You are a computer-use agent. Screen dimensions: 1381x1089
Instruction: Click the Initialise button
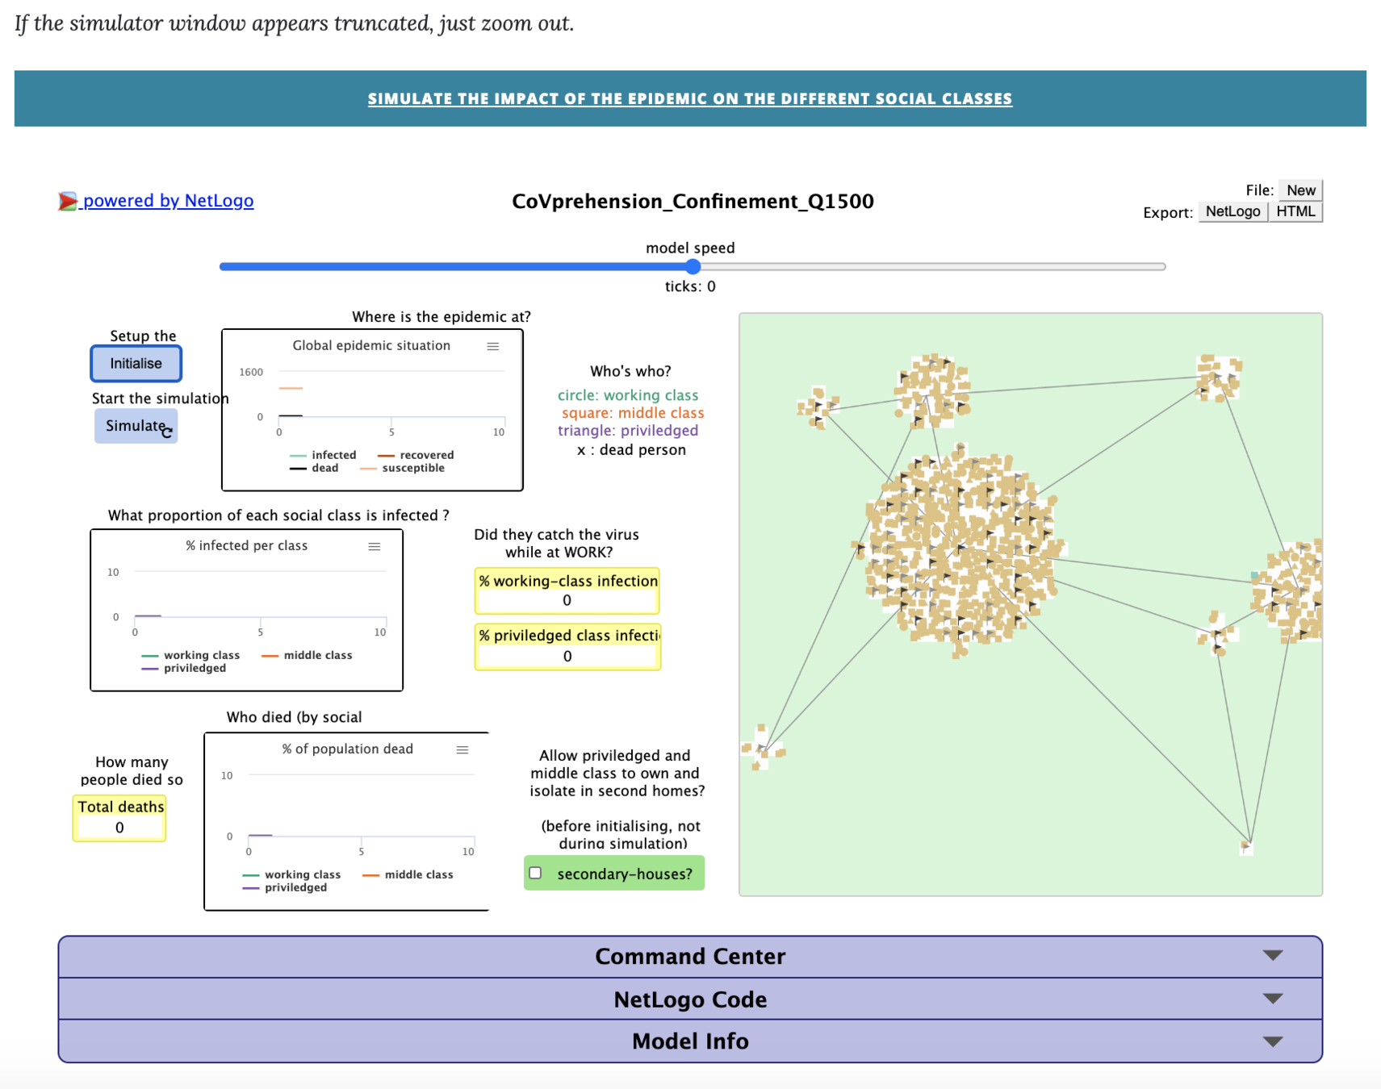[x=136, y=363]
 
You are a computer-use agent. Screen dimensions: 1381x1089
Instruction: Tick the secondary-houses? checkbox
[x=535, y=873]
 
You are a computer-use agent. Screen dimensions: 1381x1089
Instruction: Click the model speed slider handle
[x=693, y=266]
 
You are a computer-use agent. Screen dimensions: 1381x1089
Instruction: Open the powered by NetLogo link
[x=168, y=201]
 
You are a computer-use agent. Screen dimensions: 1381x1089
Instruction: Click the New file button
[x=1300, y=190]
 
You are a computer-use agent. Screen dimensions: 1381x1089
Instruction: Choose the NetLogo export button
[x=1232, y=211]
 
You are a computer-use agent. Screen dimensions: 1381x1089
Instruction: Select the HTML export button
[x=1295, y=211]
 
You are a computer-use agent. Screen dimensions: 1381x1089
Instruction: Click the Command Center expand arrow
[x=1273, y=956]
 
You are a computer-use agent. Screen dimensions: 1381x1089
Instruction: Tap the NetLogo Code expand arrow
[x=1273, y=999]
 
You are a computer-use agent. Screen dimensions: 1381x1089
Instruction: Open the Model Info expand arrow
[x=1273, y=1041]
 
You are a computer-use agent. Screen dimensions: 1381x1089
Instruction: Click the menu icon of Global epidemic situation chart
[x=493, y=346]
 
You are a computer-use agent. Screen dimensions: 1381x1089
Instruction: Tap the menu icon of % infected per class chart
[x=375, y=546]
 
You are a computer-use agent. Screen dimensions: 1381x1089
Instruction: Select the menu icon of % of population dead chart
[x=462, y=749]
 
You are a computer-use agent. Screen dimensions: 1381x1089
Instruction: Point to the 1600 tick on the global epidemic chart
[x=251, y=372]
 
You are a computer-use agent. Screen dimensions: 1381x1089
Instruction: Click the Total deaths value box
[x=119, y=828]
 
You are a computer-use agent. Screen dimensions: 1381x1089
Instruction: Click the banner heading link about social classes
[x=689, y=98]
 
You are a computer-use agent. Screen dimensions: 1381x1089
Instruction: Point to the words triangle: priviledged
[x=628, y=431]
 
